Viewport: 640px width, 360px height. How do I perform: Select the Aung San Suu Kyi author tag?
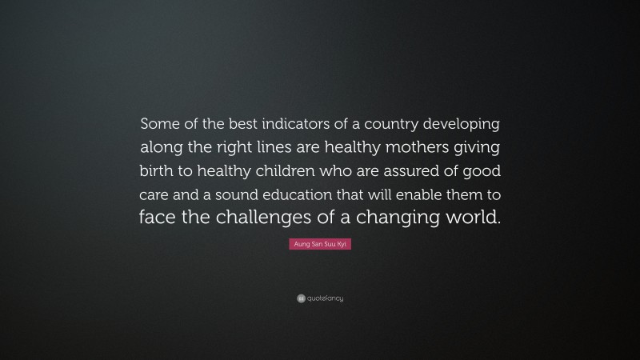click(x=320, y=250)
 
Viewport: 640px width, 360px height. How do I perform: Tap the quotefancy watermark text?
click(x=325, y=298)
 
